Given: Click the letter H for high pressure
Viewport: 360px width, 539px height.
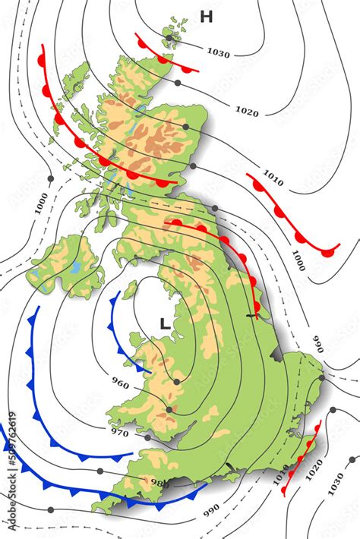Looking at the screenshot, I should click(x=206, y=17).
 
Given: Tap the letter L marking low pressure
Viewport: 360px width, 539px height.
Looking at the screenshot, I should click(x=164, y=323).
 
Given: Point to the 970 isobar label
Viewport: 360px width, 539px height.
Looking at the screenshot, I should click(x=119, y=433).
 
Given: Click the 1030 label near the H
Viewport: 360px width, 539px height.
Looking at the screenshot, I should click(x=218, y=53).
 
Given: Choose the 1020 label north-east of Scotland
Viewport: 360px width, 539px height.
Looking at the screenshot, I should click(x=247, y=112).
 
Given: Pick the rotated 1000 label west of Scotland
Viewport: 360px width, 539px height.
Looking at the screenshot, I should click(x=41, y=204).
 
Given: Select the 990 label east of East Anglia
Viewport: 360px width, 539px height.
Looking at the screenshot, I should click(x=318, y=344).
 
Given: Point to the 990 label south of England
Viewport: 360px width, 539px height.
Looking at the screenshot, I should click(x=211, y=508).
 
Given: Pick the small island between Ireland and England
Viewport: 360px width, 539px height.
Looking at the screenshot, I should click(x=130, y=289).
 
